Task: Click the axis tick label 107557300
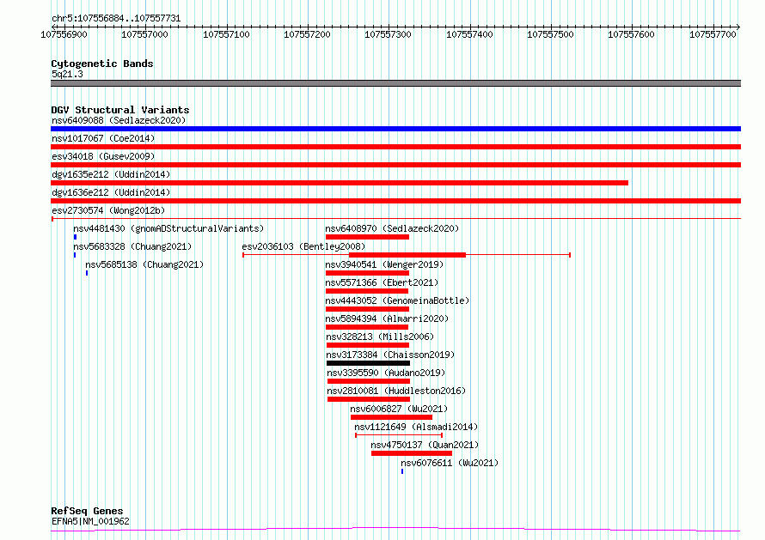pos(388,34)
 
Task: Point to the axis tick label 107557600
pos(631,34)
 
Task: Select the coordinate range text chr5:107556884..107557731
pos(116,19)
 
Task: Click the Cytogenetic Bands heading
pos(102,64)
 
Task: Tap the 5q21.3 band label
pos(67,74)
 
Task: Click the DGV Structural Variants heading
pos(120,110)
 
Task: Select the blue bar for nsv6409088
pos(395,129)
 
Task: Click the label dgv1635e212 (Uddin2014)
pos(111,174)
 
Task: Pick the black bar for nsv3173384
pos(369,363)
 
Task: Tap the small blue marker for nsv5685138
pos(87,273)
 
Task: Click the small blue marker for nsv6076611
pos(402,471)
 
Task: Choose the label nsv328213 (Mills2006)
pos(380,337)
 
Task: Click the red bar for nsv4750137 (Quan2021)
pos(412,453)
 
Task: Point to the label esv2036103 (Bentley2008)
pos(303,246)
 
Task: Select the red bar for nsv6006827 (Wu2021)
pos(391,417)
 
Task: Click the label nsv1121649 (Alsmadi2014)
pos(416,427)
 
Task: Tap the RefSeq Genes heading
pos(88,511)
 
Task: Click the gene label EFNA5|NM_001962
pos(91,521)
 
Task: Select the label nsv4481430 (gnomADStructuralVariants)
pos(168,228)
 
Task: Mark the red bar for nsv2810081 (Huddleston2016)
pos(369,399)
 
